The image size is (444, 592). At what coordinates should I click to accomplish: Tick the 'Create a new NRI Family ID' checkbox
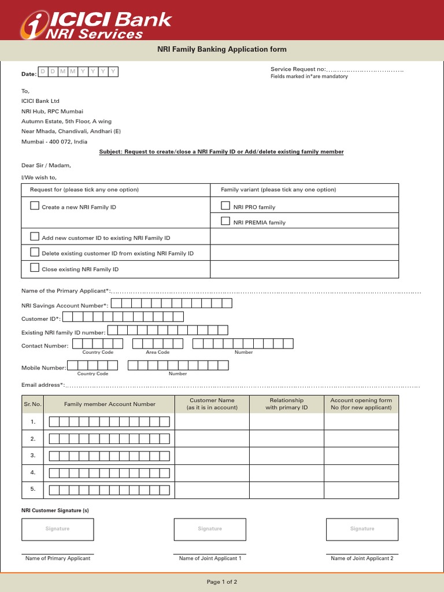[x=35, y=206]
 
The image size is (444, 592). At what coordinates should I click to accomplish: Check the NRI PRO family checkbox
[x=226, y=206]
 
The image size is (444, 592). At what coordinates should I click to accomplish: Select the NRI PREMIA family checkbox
[x=226, y=221]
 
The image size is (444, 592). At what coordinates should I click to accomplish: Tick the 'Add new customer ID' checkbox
[x=35, y=236]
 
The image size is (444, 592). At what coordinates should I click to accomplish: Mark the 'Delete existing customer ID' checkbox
[x=35, y=252]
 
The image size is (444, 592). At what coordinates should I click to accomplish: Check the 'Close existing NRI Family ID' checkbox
[x=35, y=268]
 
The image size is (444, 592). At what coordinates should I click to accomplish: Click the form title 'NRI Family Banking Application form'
[x=222, y=50]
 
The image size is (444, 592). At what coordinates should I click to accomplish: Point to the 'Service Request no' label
[x=298, y=69]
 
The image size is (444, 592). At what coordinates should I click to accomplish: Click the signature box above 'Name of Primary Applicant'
[x=57, y=529]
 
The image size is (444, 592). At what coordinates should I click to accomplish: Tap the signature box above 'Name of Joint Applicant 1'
[x=210, y=529]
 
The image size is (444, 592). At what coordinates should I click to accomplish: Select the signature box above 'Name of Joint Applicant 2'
[x=362, y=529]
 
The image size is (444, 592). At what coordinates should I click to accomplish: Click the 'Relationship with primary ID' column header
[x=287, y=404]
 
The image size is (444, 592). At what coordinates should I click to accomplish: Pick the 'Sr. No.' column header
[x=33, y=404]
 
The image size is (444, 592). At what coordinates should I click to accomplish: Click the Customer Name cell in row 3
[x=212, y=456]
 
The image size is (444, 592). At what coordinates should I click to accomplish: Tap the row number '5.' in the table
[x=33, y=489]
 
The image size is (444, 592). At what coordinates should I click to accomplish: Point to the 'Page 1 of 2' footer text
[x=222, y=582]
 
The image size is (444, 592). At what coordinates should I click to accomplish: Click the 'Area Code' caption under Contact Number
[x=157, y=352]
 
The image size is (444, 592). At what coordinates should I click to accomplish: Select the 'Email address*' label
[x=42, y=385]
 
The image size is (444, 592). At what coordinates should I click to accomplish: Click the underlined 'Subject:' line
[x=221, y=152]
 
